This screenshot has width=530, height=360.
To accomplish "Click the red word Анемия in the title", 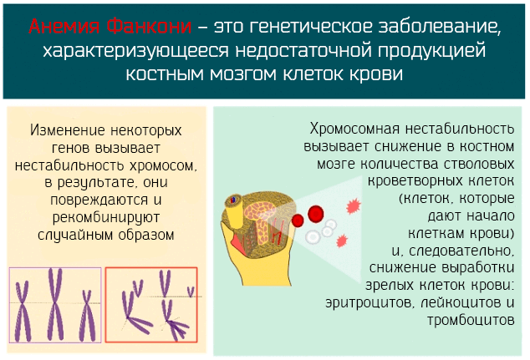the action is click(x=64, y=27).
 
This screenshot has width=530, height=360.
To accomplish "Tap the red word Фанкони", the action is click(x=149, y=27).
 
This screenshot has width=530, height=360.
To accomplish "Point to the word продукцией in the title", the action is click(x=432, y=51).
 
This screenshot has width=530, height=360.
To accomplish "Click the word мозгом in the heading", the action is click(x=243, y=74).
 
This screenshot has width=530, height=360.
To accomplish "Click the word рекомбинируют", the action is click(x=106, y=218).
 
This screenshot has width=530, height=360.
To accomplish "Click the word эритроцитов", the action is click(x=369, y=302).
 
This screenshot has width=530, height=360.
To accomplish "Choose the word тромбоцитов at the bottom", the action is click(x=471, y=320).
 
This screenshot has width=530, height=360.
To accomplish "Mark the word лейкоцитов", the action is click(x=461, y=302).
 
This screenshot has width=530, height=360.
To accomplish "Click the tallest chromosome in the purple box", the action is click(x=55, y=304).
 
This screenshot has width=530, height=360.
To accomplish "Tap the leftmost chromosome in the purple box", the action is click(x=23, y=312).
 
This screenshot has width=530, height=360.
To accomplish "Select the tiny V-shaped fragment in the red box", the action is click(x=191, y=292).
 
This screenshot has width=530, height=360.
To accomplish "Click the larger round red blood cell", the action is click(x=316, y=214).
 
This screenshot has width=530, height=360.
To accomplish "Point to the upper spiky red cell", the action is click(x=354, y=206).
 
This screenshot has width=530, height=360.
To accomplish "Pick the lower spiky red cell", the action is click(x=342, y=241).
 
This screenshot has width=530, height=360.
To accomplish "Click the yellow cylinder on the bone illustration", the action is click(x=235, y=212).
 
